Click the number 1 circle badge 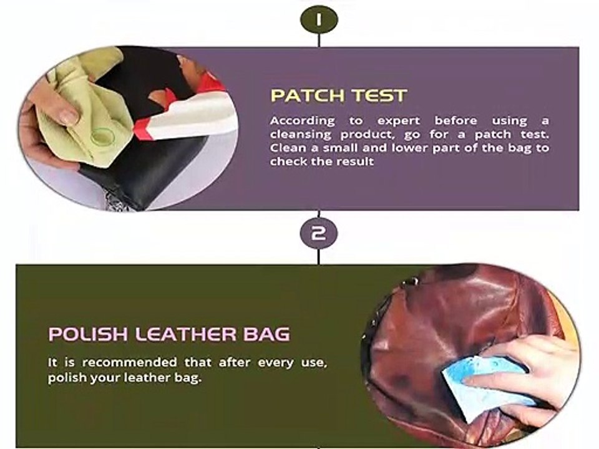pos(319,20)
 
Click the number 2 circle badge pos(319,233)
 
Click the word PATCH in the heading pos(308,95)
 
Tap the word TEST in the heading pos(380,95)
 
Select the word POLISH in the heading pos(88,334)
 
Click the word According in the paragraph pos(303,121)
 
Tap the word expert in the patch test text pos(399,122)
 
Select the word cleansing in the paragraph pos(301,135)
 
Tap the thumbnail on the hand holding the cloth pos(69,116)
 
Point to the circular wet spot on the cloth pos(103,136)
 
